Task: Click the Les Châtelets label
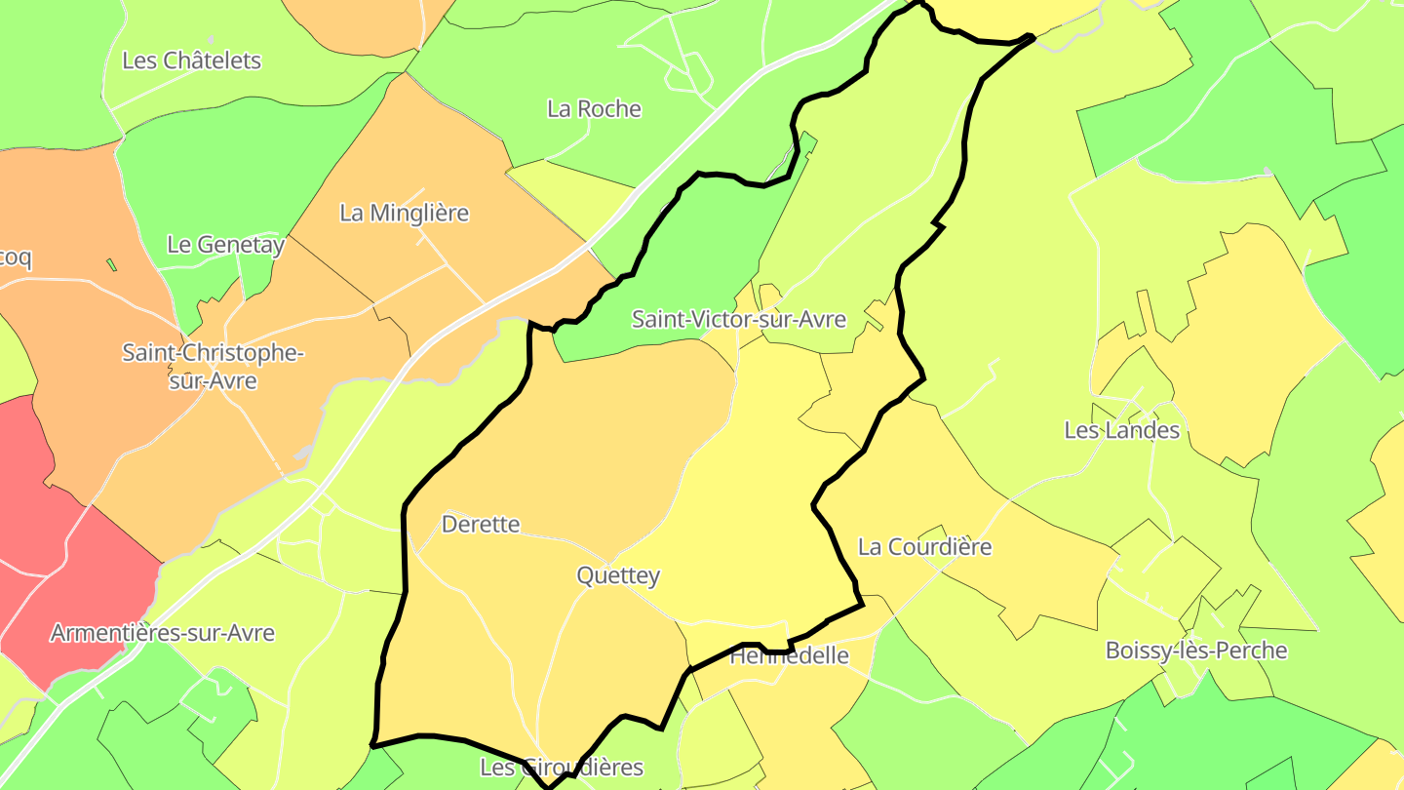coord(191,60)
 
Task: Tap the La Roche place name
coord(594,108)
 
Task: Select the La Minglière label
coord(404,213)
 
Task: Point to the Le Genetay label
coord(225,245)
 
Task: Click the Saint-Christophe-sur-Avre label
coord(213,366)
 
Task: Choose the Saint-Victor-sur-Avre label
coord(738,319)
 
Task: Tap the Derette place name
coord(481,524)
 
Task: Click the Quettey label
coord(618,575)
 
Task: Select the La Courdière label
coord(924,546)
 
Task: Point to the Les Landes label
coord(1121,430)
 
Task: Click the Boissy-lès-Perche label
coord(1196,651)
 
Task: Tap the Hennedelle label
coord(790,656)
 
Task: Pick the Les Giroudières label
coord(562,768)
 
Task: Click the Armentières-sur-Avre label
coord(162,633)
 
